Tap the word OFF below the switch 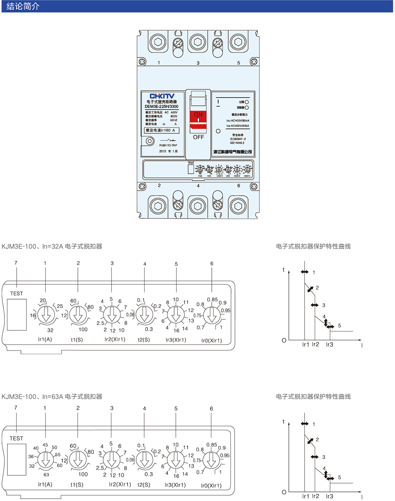tap(198, 137)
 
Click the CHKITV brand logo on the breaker tap(162, 96)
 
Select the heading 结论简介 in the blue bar tap(23, 6)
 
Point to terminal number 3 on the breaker tap(198, 63)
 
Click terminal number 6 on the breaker tap(239, 186)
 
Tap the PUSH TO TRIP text tap(168, 145)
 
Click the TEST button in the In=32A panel tap(17, 314)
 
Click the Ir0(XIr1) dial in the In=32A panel tap(212, 315)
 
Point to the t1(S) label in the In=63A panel tap(77, 485)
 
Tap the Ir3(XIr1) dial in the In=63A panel tap(176, 460)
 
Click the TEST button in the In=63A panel tap(17, 459)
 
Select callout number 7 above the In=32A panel tap(16, 263)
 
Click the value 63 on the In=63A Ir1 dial tap(46, 475)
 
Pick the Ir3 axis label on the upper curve tap(329, 345)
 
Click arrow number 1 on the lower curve tap(305, 424)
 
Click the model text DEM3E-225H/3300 tap(162, 106)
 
